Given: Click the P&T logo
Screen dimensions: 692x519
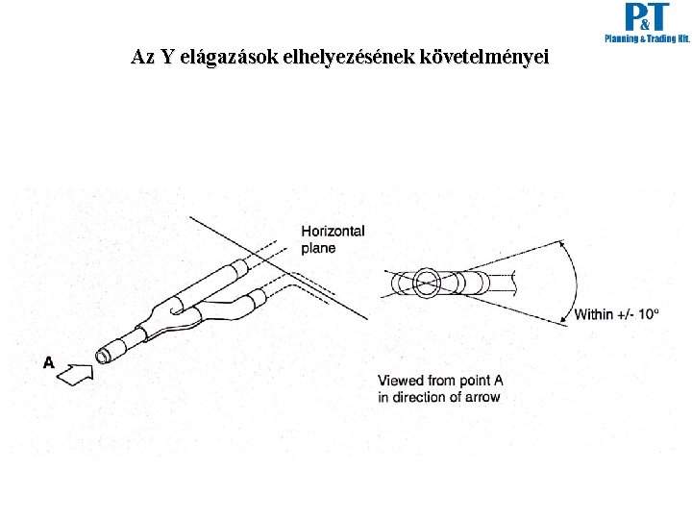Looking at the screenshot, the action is pos(646,17).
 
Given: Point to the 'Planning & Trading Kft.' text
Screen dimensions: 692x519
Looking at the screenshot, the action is pos(646,39).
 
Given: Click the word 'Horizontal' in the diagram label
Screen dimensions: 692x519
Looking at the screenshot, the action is pos(333,232).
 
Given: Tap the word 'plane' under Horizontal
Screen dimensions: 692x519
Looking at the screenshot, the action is pos(318,248).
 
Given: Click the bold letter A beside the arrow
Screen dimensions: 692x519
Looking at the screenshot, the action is pos(49,362).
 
